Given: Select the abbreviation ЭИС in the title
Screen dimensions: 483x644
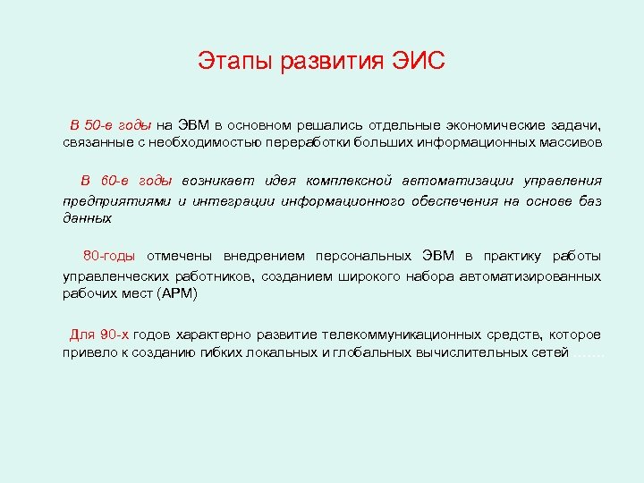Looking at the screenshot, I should coord(418,63).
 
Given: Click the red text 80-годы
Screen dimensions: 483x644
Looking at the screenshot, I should coord(109,257).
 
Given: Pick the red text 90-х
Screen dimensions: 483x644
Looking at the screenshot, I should coord(114,335).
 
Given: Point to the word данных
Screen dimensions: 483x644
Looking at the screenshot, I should coord(87,217).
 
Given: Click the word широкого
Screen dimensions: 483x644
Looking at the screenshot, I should coord(369,277).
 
